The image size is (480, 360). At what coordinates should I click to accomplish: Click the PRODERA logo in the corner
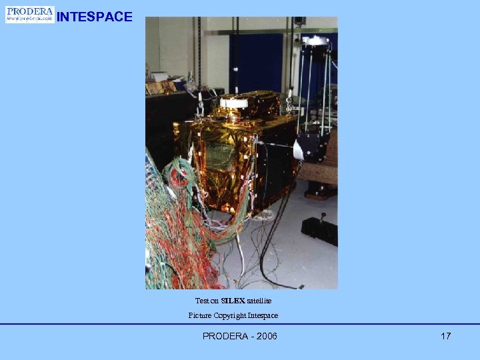click(x=30, y=15)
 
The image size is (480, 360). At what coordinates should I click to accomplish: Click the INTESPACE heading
click(x=95, y=17)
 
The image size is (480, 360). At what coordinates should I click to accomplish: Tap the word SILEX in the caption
click(x=233, y=301)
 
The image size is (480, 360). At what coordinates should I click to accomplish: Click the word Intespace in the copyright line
click(x=264, y=315)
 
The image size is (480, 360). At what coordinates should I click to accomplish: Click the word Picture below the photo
click(x=199, y=315)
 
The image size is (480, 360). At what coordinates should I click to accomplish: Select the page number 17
click(x=445, y=336)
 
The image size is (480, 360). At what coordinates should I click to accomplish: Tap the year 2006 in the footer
click(x=265, y=336)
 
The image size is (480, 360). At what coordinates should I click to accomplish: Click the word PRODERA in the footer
click(x=225, y=336)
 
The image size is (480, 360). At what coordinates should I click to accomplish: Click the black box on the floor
click(x=318, y=230)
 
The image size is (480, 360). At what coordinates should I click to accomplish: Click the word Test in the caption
click(x=201, y=301)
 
